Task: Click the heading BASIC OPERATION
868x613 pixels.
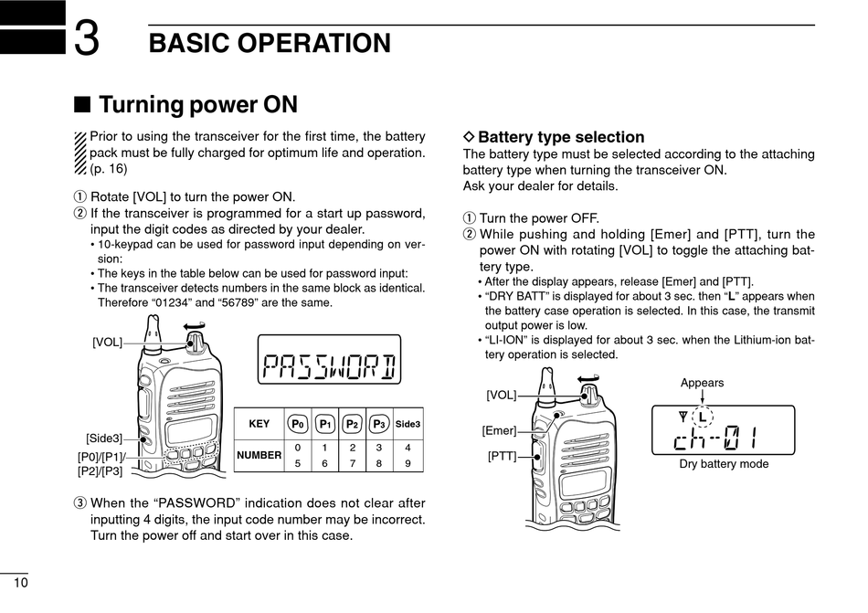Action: point(270,43)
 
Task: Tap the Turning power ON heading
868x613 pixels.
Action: point(197,105)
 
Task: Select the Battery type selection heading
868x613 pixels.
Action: point(561,137)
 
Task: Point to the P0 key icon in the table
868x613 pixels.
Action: point(298,424)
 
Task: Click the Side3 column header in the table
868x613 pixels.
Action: point(408,424)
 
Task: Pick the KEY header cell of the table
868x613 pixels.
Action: point(259,424)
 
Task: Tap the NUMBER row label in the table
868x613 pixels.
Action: point(259,455)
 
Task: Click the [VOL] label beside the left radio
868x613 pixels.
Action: point(107,342)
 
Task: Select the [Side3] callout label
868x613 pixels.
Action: point(104,439)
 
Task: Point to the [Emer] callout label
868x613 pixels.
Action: point(499,430)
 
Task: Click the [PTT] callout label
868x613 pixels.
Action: point(502,455)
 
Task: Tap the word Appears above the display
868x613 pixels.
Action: point(702,383)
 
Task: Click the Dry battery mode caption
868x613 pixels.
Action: point(724,464)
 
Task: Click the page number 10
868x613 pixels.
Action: point(20,583)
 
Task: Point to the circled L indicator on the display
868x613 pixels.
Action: point(702,417)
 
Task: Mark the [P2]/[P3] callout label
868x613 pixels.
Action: point(100,471)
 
